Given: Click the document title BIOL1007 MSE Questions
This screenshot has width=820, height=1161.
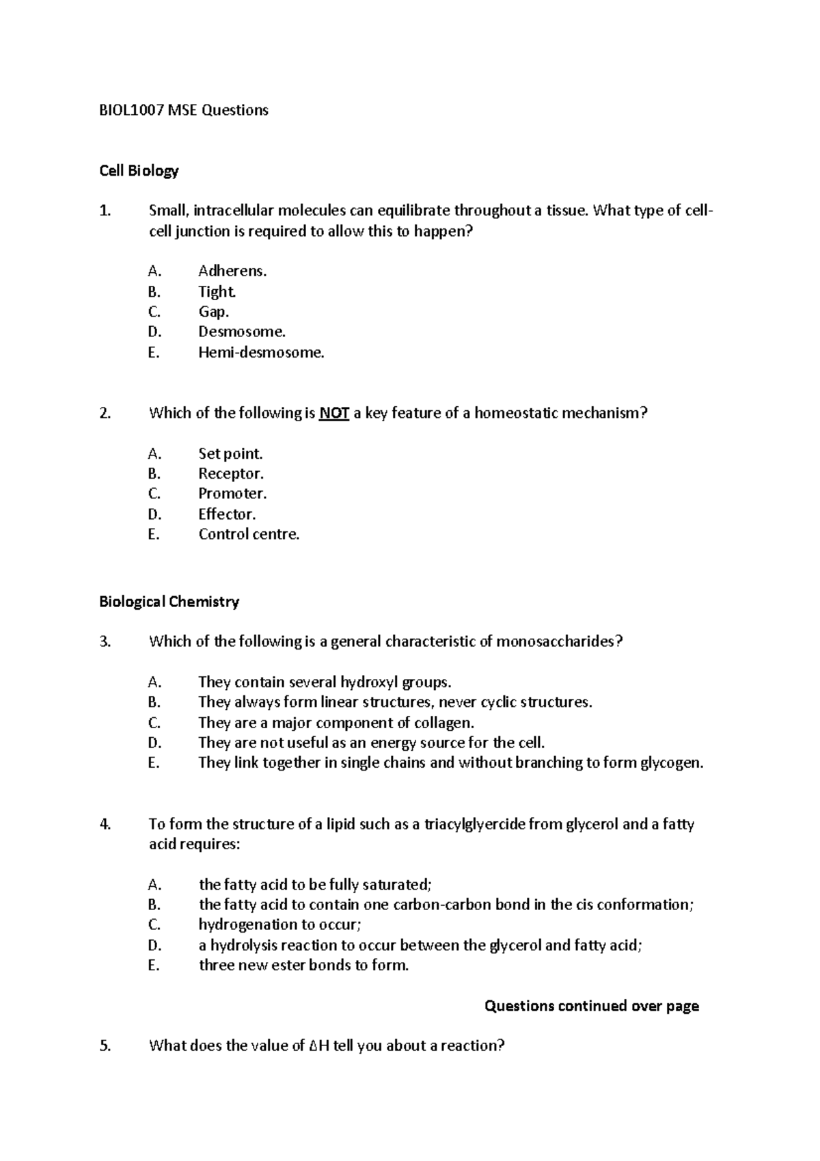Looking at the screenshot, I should (184, 110).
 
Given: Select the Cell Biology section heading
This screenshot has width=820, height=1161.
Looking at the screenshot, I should (139, 171).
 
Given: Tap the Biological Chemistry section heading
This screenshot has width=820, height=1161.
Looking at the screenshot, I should (169, 602).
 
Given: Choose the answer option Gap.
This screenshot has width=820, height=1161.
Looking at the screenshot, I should (213, 312).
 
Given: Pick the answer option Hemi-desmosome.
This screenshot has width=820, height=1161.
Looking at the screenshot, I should (261, 353).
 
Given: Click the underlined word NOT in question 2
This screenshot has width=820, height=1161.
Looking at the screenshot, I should (334, 413).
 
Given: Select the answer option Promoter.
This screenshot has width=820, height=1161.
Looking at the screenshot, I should (232, 494).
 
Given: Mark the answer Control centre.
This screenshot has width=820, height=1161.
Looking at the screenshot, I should (249, 535).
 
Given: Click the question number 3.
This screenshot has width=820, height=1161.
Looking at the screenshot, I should (105, 641).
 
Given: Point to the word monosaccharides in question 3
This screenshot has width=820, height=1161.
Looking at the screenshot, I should (558, 641).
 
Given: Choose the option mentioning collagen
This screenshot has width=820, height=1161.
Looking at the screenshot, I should (336, 723).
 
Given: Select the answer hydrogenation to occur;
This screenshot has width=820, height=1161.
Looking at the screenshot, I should (279, 925).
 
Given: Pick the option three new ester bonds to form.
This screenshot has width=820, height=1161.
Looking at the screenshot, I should (303, 965).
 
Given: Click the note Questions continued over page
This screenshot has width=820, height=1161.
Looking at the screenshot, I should (591, 1006).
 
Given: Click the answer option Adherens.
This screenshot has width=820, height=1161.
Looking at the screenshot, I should (232, 271).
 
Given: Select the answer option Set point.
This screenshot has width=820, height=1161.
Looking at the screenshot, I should (230, 453).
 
